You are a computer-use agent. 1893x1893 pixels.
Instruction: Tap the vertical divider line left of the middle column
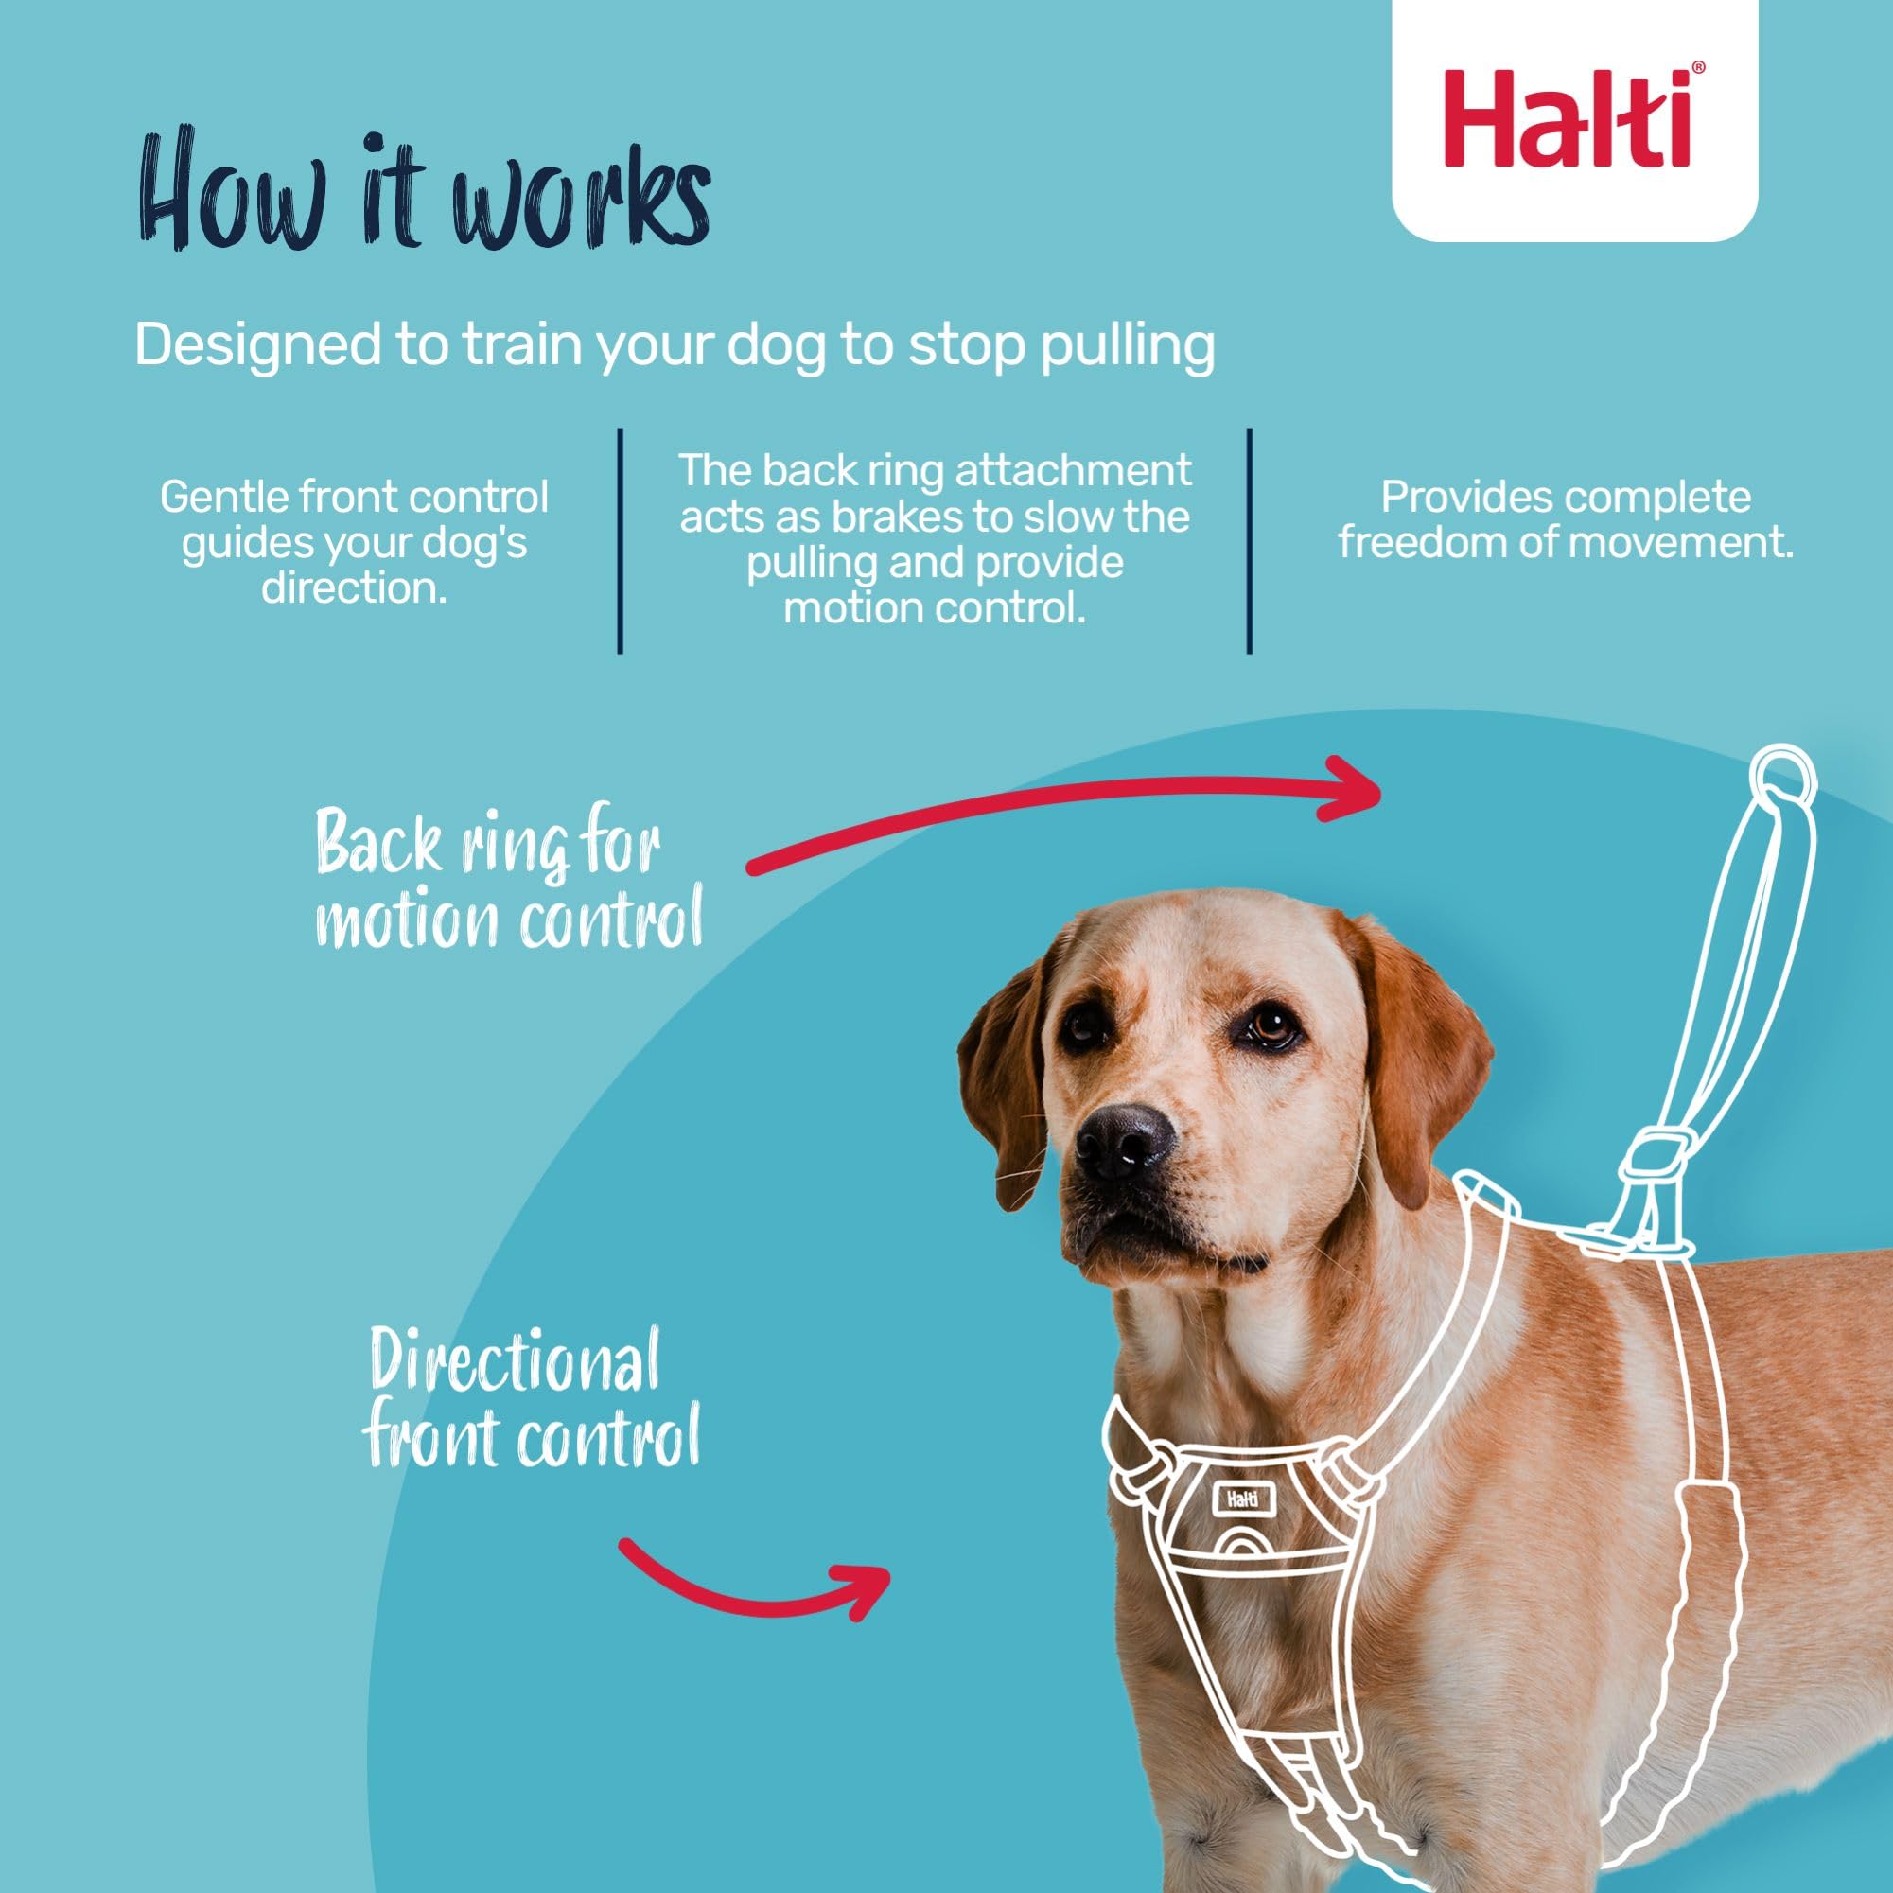pyautogui.click(x=621, y=540)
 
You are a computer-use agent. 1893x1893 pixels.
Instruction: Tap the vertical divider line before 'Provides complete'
pyautogui.click(x=1250, y=540)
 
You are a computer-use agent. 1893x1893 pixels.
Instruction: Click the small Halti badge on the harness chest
pyautogui.click(x=1242, y=1499)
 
